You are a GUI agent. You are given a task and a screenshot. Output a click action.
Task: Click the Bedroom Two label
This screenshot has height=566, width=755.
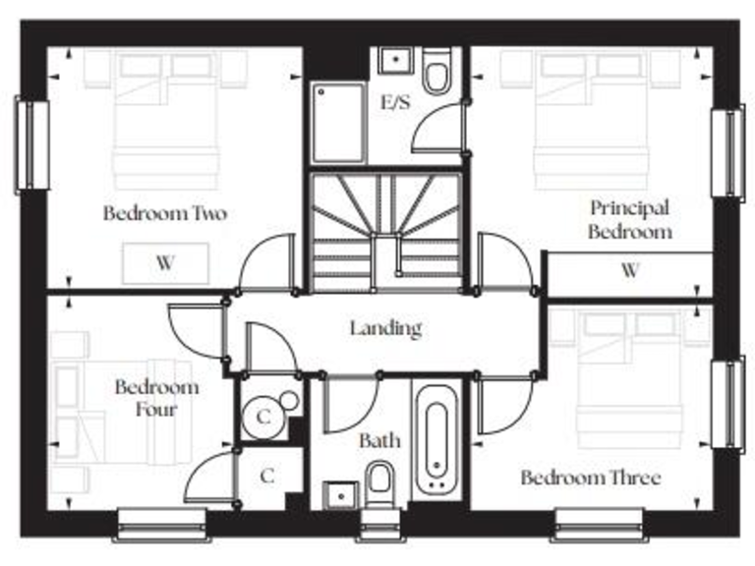coord(165,213)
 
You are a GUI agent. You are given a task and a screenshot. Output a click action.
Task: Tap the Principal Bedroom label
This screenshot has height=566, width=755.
coord(630,219)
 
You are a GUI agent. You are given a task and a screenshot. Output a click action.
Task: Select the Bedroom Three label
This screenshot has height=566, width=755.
coord(590,479)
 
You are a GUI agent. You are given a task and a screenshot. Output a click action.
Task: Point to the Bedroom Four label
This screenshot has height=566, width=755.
coord(156,396)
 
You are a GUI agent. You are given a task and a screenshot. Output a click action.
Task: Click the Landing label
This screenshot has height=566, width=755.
coord(385,328)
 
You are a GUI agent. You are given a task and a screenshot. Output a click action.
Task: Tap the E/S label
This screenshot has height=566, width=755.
coord(397,101)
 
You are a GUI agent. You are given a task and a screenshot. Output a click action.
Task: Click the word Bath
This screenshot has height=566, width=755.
coord(378,441)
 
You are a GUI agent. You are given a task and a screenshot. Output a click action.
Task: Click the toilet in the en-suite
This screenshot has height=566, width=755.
coord(436,72)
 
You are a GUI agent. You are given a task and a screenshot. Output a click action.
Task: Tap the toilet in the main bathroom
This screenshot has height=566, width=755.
coord(379,481)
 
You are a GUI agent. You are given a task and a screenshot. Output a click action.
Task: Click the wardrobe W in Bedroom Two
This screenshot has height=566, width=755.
coord(165,263)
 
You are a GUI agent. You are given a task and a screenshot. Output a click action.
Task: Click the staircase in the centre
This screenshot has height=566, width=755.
coord(385,231)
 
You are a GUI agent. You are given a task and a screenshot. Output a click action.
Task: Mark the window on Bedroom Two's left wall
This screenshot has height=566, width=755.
coord(31,144)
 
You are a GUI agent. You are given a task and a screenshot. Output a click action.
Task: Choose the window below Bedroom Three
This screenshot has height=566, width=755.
coord(599,522)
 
